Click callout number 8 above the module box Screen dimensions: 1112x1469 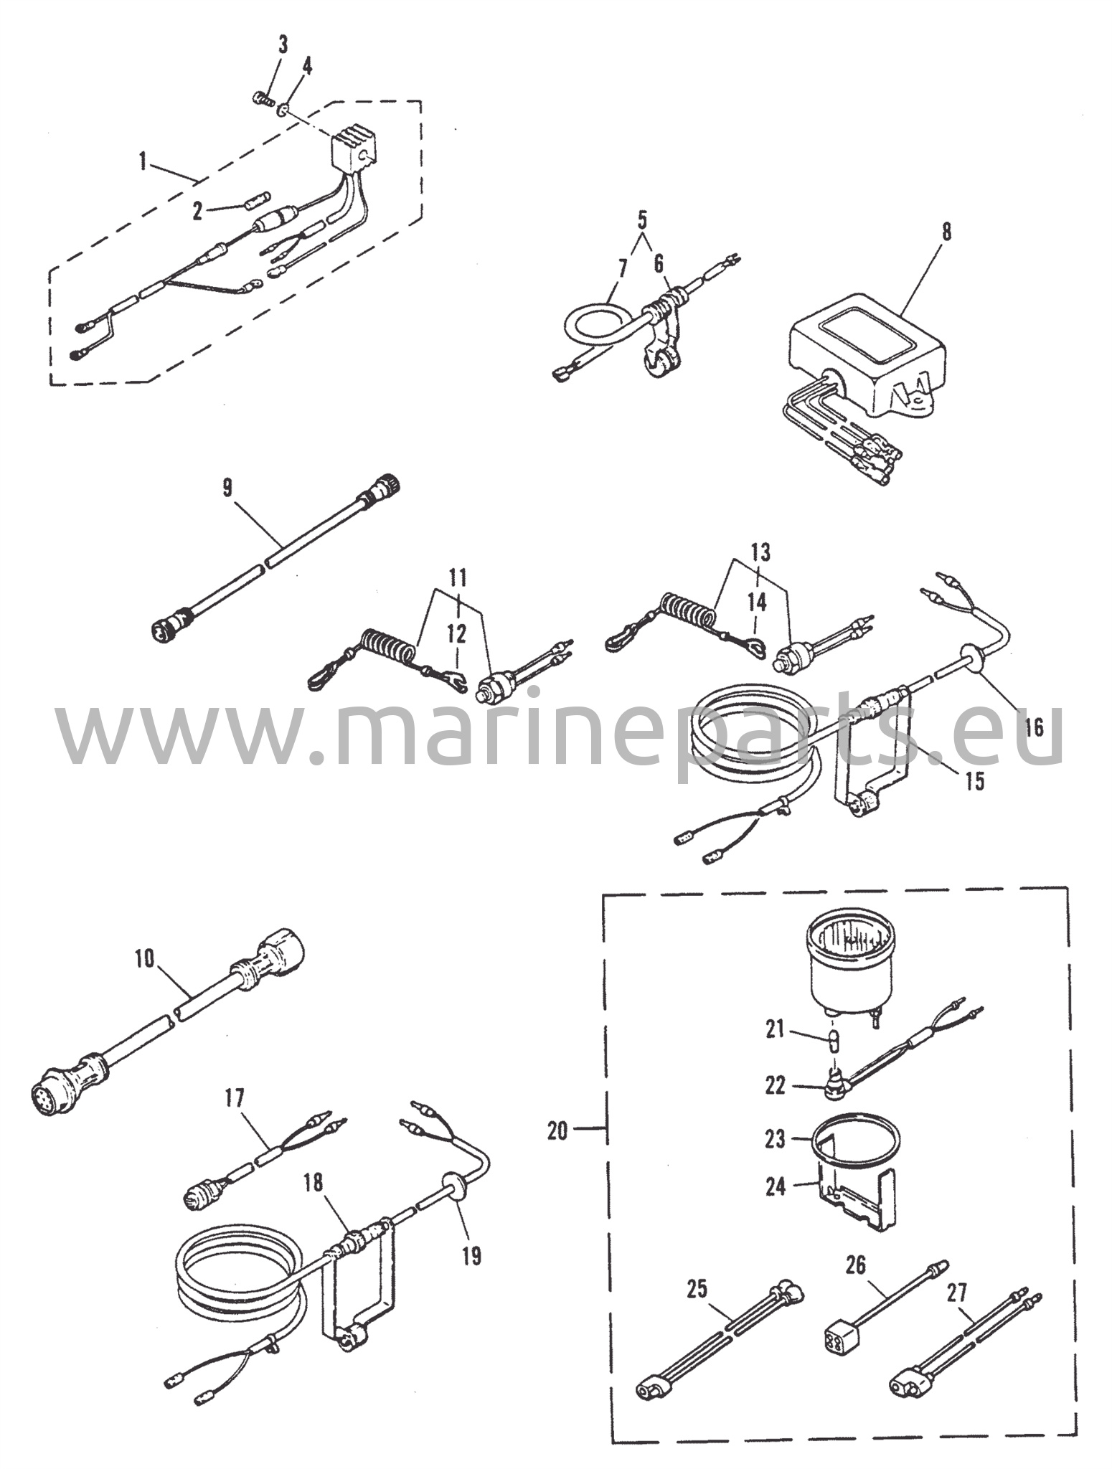pyautogui.click(x=946, y=234)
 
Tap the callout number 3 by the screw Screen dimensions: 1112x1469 pyautogui.click(x=283, y=46)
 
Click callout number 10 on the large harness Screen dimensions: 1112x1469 pyautogui.click(x=145, y=959)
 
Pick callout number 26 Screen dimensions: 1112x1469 pyautogui.click(x=856, y=1265)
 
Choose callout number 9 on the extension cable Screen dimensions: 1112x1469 pyautogui.click(x=227, y=490)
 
